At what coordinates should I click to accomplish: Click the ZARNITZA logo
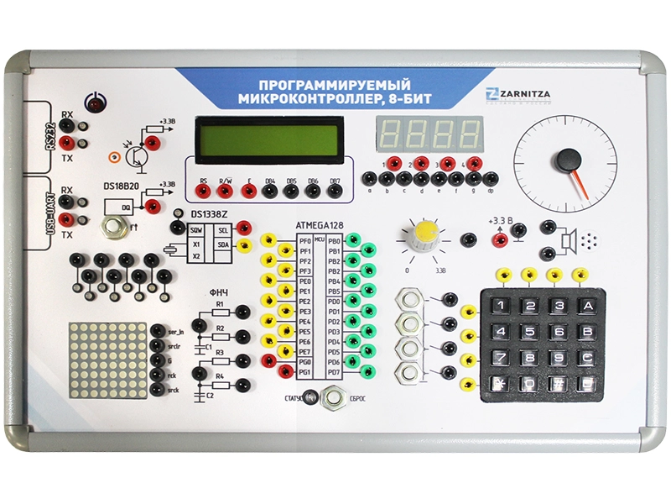click(521, 94)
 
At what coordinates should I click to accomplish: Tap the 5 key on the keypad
click(532, 331)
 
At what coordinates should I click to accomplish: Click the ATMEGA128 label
click(320, 225)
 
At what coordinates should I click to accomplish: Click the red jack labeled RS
click(204, 192)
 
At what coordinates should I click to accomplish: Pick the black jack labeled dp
click(492, 178)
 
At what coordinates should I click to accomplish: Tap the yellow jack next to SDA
click(244, 245)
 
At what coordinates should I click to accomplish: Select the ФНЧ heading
click(218, 292)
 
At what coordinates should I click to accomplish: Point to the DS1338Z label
click(210, 216)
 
